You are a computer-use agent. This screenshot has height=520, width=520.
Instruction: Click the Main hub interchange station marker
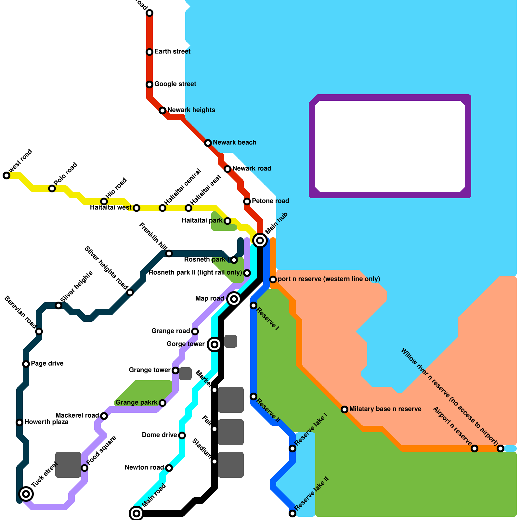coord(260,240)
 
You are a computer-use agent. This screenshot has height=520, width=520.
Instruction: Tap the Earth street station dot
coord(149,52)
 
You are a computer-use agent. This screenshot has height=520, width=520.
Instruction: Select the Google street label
coord(175,84)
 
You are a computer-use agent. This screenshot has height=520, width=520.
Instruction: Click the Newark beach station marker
coord(208,143)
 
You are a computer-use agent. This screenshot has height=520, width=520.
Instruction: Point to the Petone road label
coord(270,201)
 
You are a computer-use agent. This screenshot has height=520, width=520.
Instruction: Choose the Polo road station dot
coord(52,188)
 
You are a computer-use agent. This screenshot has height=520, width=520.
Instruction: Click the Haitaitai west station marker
coord(136,208)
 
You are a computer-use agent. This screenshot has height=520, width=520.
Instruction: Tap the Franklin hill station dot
coord(169,253)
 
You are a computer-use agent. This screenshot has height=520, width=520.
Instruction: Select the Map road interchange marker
coord(234,299)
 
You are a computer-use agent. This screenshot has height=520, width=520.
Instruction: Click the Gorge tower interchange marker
coord(214,344)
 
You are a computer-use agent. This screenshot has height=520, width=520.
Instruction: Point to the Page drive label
coord(47,364)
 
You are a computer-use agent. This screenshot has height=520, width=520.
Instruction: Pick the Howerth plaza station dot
coord(19,422)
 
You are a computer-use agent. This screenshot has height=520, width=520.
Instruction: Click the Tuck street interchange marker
coord(26,494)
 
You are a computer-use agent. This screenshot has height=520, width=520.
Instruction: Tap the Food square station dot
coord(84,468)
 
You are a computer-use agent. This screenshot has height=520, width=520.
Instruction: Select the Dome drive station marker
coord(182,435)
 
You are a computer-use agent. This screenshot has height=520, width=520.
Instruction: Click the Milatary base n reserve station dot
coord(344,409)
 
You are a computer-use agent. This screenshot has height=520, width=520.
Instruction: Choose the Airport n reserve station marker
coord(474,448)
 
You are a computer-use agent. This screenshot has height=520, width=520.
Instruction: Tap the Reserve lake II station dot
coord(292,513)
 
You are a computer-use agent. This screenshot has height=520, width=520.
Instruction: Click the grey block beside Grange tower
coord(185,374)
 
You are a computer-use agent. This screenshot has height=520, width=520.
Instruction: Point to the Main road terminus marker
coord(136,513)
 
